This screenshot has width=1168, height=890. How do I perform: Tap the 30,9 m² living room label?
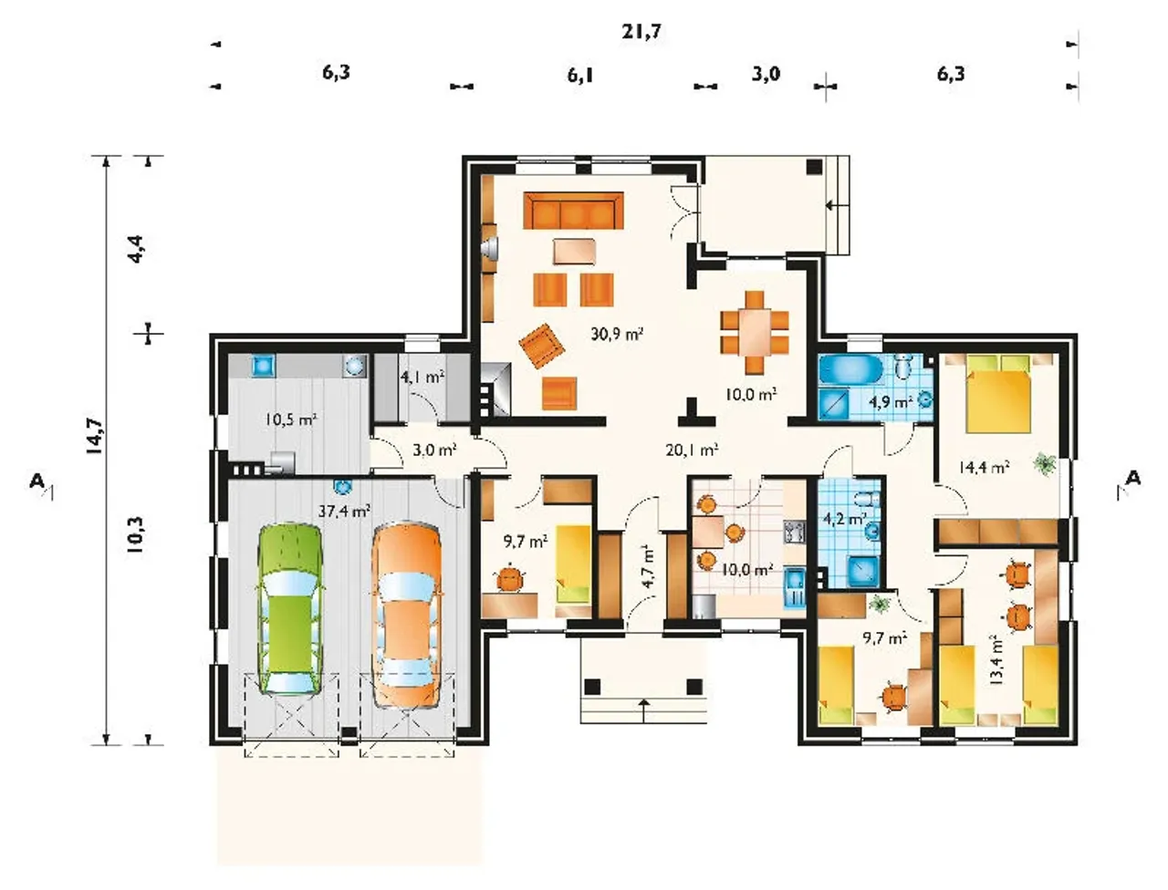pos(616,334)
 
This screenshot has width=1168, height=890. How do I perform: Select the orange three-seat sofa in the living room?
pos(573,211)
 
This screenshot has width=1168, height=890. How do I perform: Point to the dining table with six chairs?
pos(755,333)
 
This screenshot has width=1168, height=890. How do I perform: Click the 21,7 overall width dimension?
pos(641,32)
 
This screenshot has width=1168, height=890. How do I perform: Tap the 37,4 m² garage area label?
pos(344,511)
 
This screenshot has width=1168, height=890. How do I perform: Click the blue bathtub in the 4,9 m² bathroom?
pos(850,370)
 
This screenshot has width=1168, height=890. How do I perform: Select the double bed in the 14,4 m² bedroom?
pos(999,394)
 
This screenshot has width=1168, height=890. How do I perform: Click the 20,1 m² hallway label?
pos(692,450)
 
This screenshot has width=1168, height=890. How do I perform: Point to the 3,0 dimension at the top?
pos(766,74)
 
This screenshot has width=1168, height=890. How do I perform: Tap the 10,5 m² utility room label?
pos(291,419)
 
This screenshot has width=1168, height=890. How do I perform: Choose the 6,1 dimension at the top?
pos(580,76)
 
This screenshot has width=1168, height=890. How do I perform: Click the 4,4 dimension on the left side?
pos(136,248)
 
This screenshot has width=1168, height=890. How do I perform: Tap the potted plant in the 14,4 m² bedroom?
pos(1045,463)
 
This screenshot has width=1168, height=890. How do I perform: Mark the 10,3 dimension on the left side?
pos(136,535)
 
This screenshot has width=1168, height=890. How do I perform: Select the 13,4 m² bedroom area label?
pos(995,659)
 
